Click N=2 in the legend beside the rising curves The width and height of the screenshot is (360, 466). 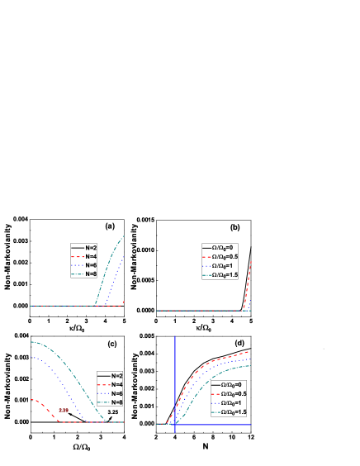[91, 247]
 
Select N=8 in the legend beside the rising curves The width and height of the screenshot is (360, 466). [91, 274]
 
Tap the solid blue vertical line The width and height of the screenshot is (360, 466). [175, 364]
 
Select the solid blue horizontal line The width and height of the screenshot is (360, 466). [215, 425]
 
